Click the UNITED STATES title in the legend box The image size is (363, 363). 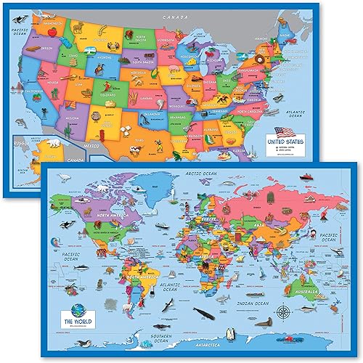291,142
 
